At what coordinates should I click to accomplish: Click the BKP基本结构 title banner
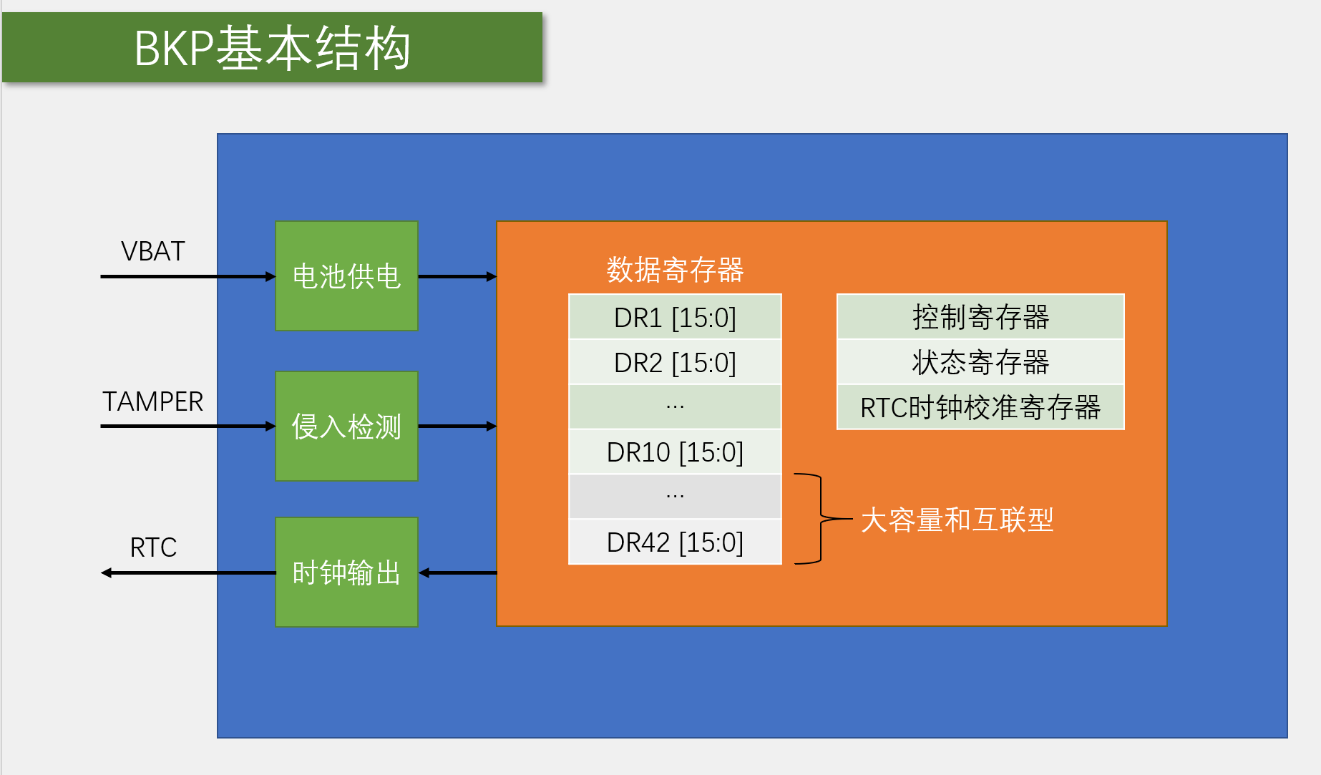pyautogui.click(x=272, y=47)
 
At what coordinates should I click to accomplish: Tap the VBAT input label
pyautogui.click(x=153, y=251)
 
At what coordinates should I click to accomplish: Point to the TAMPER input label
pyautogui.click(x=152, y=401)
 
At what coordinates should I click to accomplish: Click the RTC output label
pyautogui.click(x=153, y=547)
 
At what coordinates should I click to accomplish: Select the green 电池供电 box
pyautogui.click(x=346, y=276)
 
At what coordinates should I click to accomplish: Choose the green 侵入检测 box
pyautogui.click(x=346, y=427)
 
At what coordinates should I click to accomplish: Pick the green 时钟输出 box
pyautogui.click(x=346, y=572)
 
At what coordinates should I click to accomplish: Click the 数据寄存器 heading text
pyautogui.click(x=675, y=270)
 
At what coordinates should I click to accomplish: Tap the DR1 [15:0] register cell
pyautogui.click(x=675, y=317)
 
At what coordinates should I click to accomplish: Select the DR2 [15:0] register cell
pyautogui.click(x=675, y=362)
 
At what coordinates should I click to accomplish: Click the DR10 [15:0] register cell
pyautogui.click(x=675, y=452)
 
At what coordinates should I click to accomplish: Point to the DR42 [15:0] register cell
pyautogui.click(x=675, y=542)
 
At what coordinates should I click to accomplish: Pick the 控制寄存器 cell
pyautogui.click(x=980, y=317)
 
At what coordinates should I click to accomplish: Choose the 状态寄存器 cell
pyautogui.click(x=980, y=362)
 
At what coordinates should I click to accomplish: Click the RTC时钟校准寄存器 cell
pyautogui.click(x=980, y=407)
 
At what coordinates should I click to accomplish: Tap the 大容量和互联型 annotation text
pyautogui.click(x=957, y=520)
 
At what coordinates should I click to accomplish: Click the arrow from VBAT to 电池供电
pyautogui.click(x=188, y=276)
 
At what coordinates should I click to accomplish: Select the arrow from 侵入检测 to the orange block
pyautogui.click(x=457, y=427)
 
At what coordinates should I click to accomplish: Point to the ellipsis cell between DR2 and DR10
pyautogui.click(x=675, y=406)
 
